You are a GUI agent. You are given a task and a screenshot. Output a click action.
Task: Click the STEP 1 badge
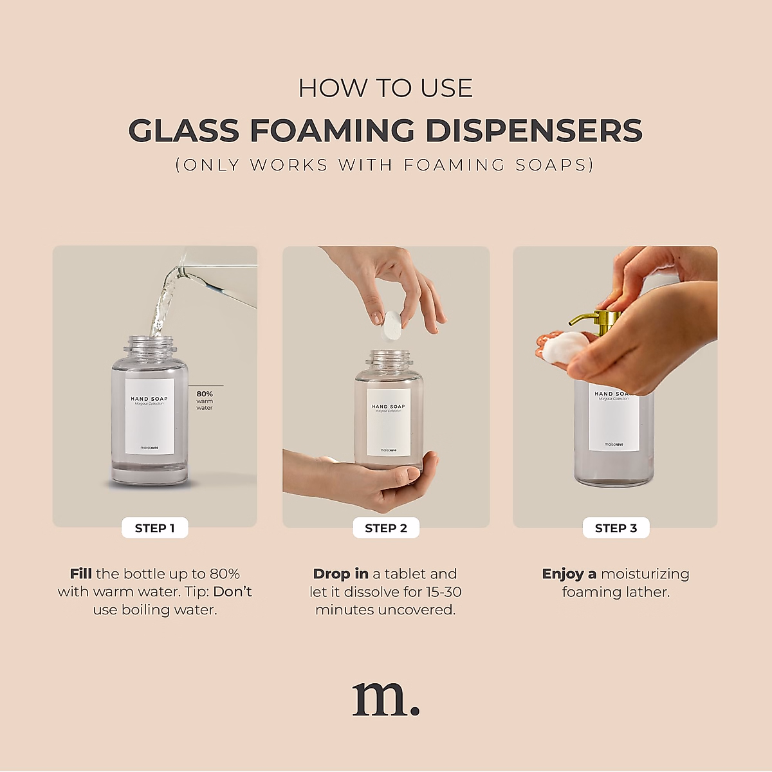click(x=154, y=528)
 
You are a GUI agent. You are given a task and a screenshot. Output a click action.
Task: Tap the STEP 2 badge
click(x=386, y=528)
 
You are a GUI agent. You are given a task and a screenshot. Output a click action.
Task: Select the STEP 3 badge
click(x=616, y=528)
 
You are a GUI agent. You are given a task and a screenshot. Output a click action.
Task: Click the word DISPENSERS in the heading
click(x=534, y=131)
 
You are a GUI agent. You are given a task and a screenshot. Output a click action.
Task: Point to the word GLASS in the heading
click(x=184, y=131)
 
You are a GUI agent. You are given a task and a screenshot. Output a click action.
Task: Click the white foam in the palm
click(x=564, y=347)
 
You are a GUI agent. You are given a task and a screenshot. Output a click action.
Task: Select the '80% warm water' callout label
click(x=205, y=400)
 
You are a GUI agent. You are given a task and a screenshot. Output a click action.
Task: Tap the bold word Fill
click(x=81, y=574)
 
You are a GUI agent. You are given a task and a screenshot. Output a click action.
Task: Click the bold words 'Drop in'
click(x=341, y=574)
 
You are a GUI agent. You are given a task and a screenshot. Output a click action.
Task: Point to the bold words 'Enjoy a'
click(x=569, y=574)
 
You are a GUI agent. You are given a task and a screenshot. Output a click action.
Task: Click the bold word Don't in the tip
click(x=232, y=592)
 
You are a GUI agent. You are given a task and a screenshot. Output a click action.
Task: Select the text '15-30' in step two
click(x=443, y=592)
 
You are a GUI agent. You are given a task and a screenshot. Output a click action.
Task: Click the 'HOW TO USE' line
click(x=386, y=89)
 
